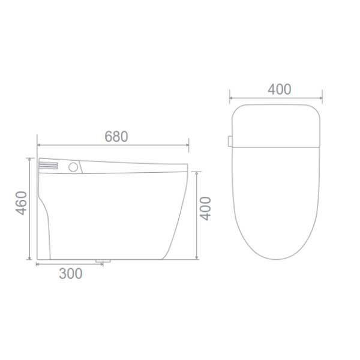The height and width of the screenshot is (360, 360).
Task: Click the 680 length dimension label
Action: (116, 136)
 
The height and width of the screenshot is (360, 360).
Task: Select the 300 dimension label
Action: (71, 274)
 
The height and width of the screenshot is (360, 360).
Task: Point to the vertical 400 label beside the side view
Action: (206, 208)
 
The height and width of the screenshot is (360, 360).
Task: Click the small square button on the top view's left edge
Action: (230, 141)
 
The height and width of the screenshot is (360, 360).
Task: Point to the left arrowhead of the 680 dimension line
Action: (39, 145)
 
